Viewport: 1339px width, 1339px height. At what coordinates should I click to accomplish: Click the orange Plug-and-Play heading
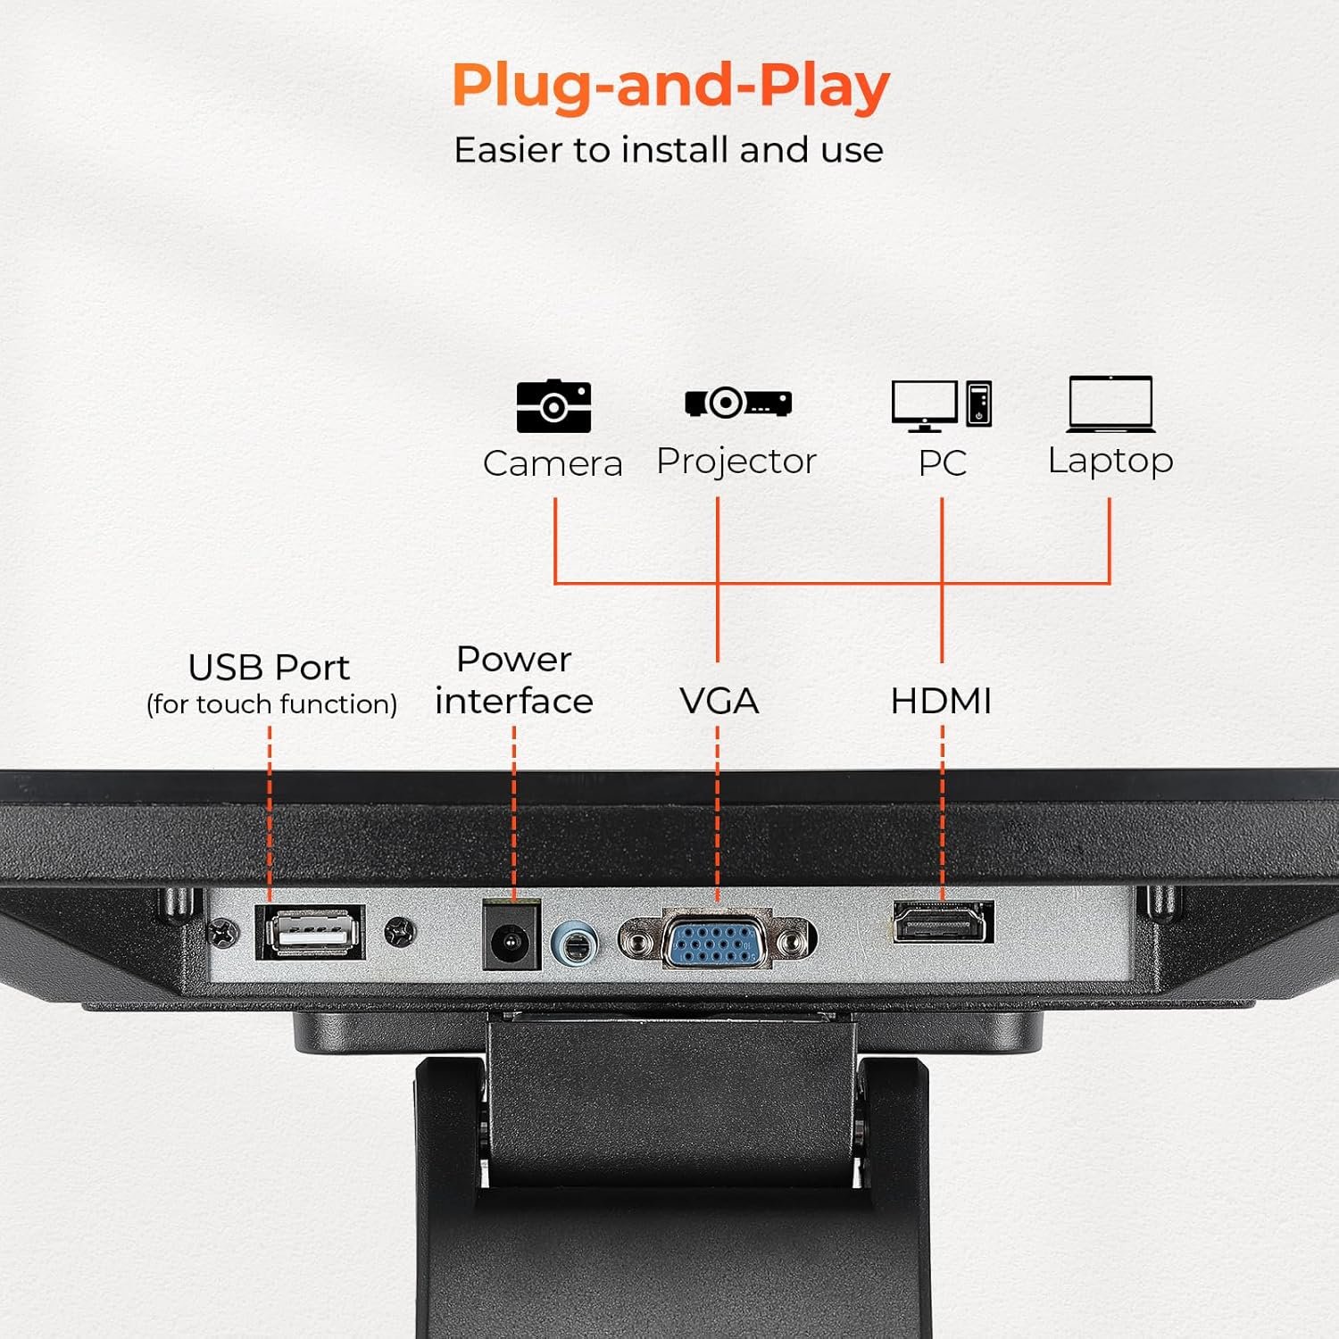[670, 87]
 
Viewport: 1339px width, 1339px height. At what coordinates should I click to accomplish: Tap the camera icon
[553, 406]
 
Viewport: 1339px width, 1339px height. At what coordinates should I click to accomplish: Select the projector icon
[738, 403]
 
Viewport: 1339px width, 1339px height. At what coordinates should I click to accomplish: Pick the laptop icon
[1110, 403]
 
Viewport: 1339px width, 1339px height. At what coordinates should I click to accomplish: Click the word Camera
[553, 464]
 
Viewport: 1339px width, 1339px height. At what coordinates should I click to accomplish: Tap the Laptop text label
[1110, 462]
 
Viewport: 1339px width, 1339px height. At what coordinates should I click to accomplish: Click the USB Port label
[269, 668]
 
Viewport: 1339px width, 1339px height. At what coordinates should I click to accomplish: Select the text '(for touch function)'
[271, 704]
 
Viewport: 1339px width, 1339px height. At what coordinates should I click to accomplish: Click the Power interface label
[514, 680]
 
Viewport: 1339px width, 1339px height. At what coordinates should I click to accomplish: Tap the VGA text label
[719, 702]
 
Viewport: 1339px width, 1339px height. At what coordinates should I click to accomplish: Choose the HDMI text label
[942, 702]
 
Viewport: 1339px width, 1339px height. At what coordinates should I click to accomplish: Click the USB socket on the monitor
[311, 932]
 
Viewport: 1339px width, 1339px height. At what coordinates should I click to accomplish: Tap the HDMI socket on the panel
[944, 922]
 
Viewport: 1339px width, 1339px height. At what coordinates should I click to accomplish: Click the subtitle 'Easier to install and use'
[669, 150]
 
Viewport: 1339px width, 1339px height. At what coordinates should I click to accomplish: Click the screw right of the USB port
[400, 933]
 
